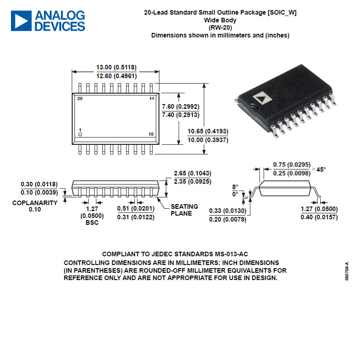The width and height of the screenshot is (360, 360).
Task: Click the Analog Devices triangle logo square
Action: coord(21,21)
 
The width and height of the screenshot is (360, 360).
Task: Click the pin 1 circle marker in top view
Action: coord(80,134)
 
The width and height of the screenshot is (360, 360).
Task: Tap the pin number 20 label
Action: coord(80,99)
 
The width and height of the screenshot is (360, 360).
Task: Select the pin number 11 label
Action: coord(152,99)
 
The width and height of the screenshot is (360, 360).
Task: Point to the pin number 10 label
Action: coord(151,134)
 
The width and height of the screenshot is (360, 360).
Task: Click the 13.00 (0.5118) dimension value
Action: coord(116,67)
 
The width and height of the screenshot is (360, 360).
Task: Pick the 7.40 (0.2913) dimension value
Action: coord(181,115)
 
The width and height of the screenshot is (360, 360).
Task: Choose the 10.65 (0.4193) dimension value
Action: coord(208,131)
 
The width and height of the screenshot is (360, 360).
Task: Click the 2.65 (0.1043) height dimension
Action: coord(193,173)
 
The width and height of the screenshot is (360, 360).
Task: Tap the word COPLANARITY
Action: coord(35,203)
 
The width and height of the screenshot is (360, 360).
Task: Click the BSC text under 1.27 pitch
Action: coord(92,222)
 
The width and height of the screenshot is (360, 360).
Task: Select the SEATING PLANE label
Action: coord(185,210)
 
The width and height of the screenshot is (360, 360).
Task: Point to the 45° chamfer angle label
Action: coord(321,169)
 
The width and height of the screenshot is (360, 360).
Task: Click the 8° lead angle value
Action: coord(235,187)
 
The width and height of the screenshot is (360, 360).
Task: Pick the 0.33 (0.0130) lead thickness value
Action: coord(228,211)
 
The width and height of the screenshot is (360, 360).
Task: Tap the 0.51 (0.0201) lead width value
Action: coord(136,208)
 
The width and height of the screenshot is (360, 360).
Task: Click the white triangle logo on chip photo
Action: coord(262,98)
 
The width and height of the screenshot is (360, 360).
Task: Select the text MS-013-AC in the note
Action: coord(232,254)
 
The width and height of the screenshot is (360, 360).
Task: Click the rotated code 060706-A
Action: coord(347,271)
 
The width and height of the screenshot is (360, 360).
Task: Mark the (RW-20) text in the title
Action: coord(220,27)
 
